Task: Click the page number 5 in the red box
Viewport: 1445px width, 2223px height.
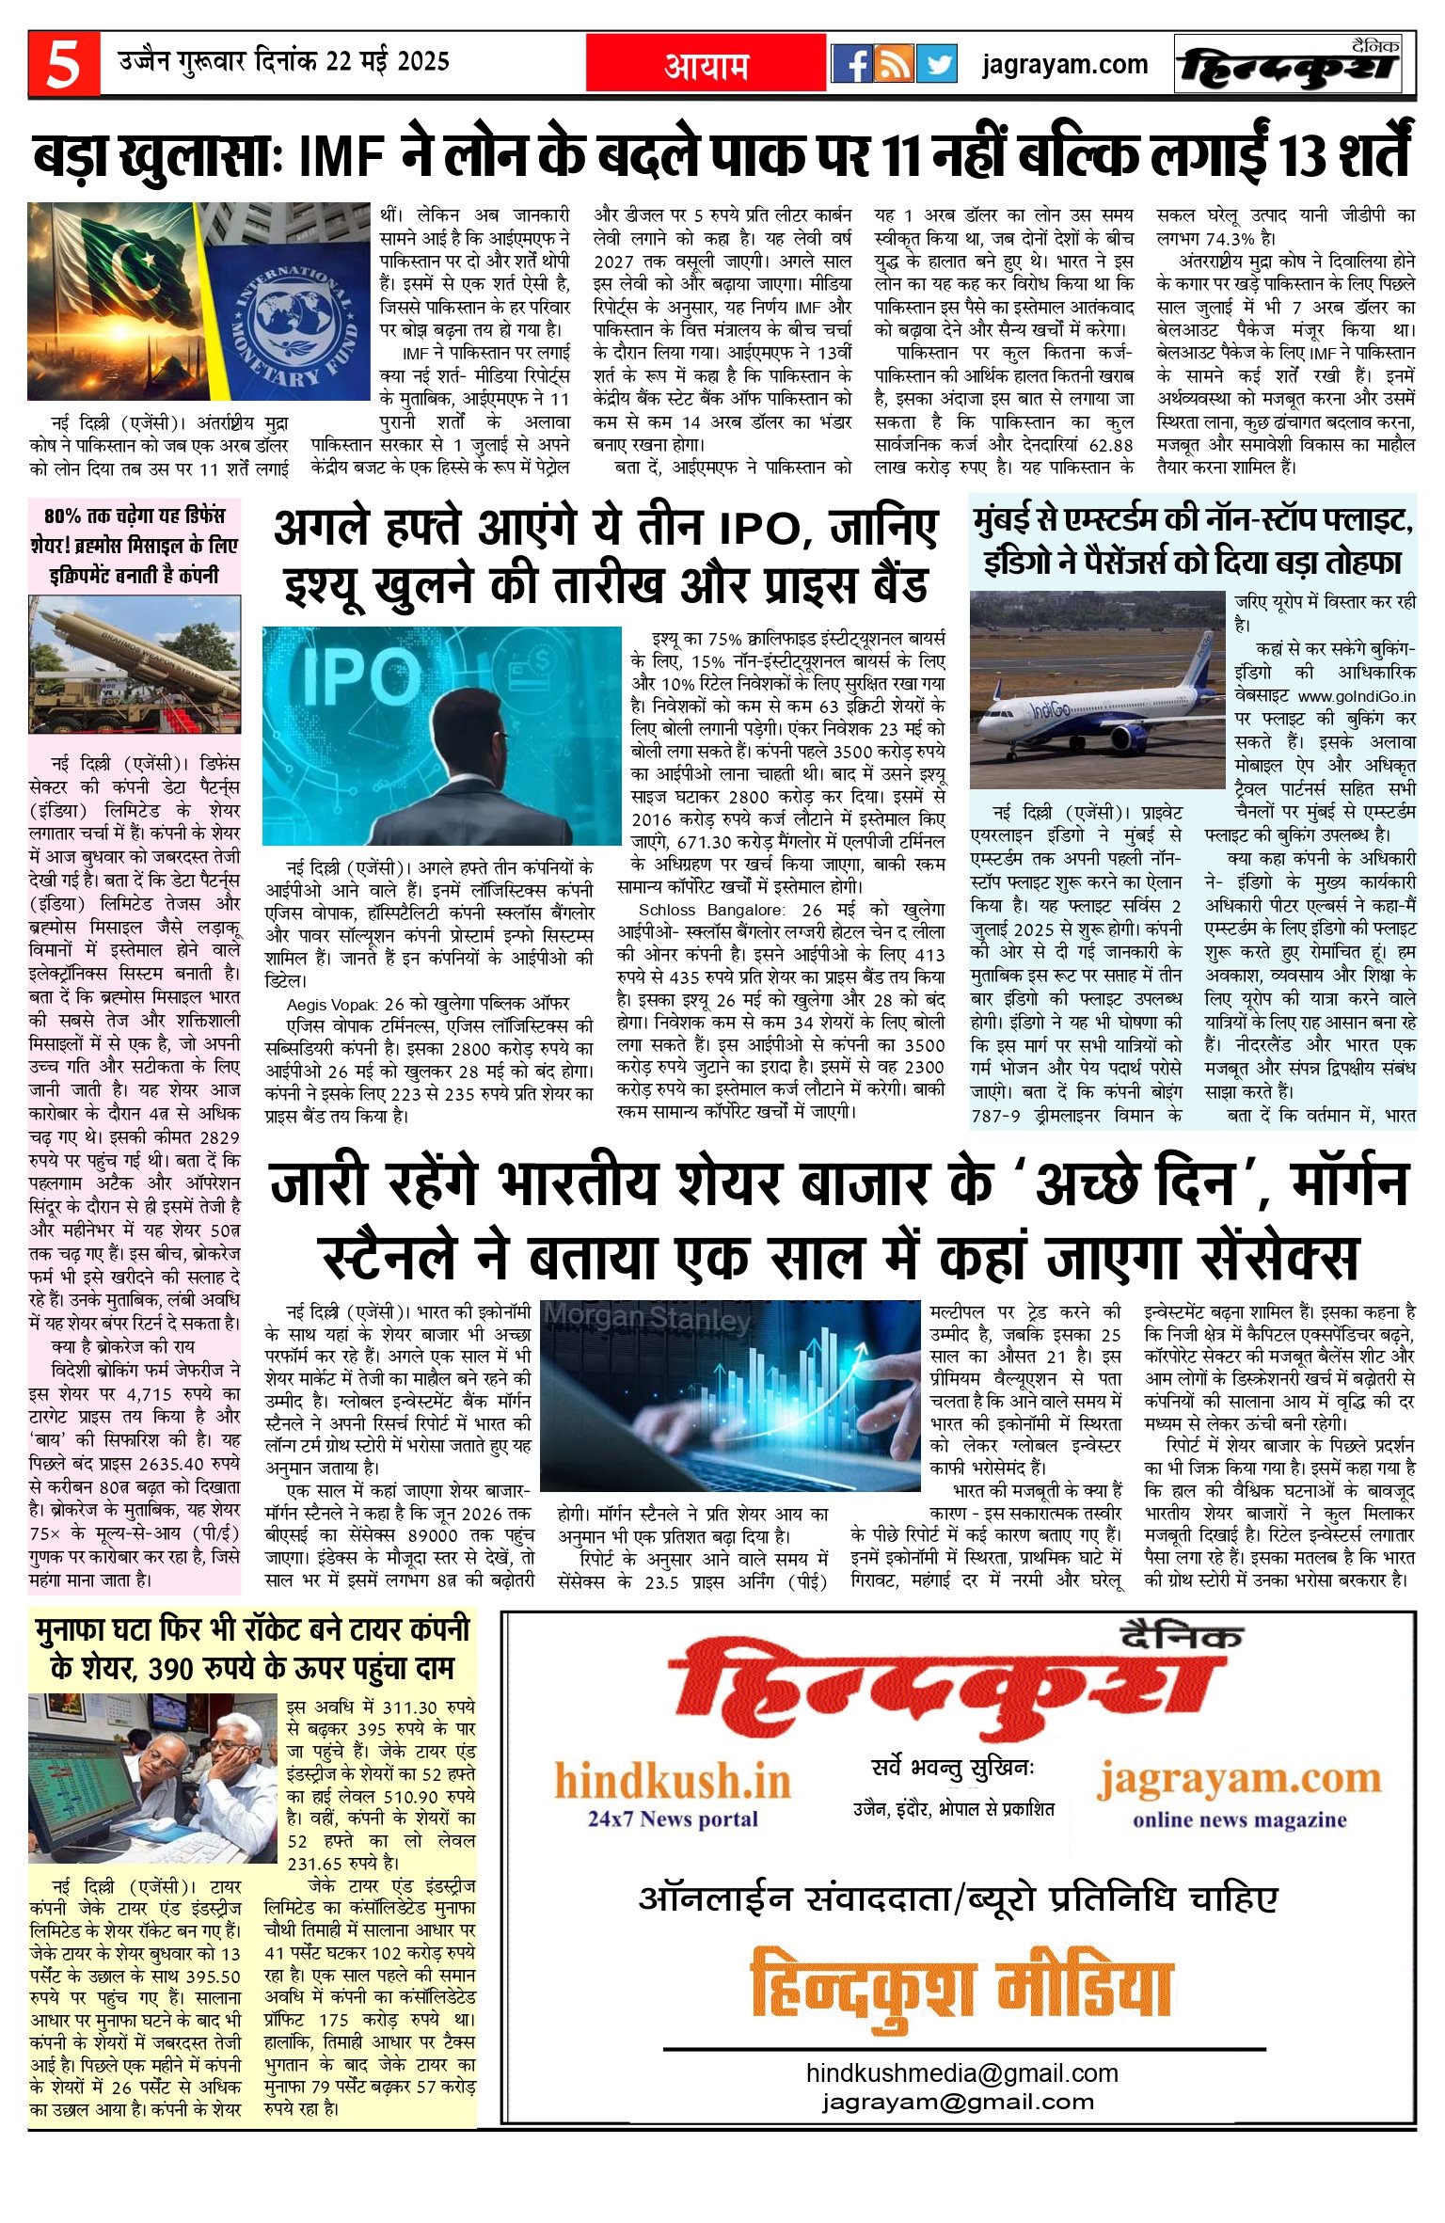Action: pyautogui.click(x=63, y=64)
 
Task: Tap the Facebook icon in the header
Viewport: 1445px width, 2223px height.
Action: pyautogui.click(x=851, y=64)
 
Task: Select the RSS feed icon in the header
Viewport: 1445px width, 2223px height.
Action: pyautogui.click(x=894, y=64)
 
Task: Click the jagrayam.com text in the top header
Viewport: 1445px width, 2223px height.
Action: pyautogui.click(x=1065, y=64)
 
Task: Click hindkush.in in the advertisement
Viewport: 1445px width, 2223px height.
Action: pyautogui.click(x=673, y=1782)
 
